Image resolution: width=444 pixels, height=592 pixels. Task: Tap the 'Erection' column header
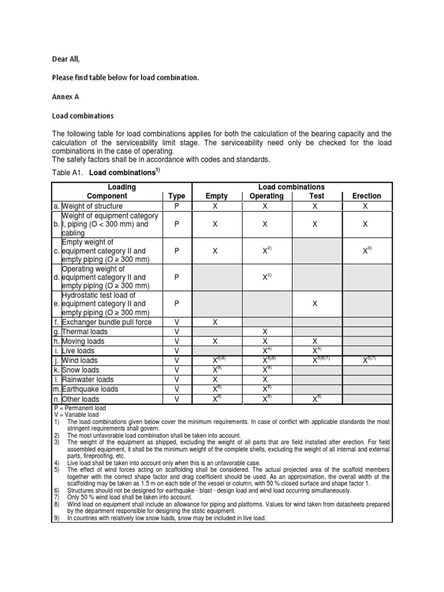[x=367, y=196]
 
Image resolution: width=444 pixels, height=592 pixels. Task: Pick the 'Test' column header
[x=316, y=196]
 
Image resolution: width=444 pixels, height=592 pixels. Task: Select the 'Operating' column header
[x=266, y=196]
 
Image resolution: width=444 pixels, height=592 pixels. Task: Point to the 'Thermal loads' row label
[x=87, y=332]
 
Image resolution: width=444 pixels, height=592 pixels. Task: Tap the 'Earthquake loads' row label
[x=94, y=389]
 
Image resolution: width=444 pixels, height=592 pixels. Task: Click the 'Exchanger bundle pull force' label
[x=108, y=322]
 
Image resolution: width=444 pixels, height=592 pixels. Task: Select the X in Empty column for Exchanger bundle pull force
[x=216, y=322]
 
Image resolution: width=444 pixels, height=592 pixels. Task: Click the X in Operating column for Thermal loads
[x=265, y=332]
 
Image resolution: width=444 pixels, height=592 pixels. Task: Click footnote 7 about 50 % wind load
[x=121, y=497]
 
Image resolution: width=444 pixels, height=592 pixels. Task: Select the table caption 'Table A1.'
[x=68, y=173]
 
